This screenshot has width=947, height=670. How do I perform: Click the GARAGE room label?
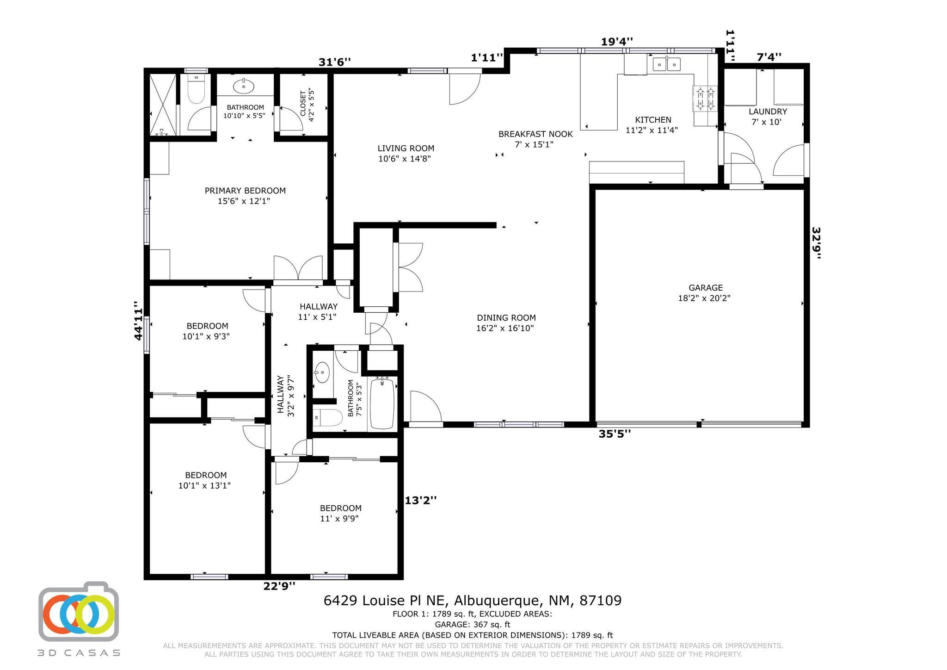point(705,288)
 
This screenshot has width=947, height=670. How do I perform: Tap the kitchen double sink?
point(666,64)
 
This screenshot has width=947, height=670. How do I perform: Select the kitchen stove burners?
point(705,99)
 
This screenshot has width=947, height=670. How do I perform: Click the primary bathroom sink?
point(244,86)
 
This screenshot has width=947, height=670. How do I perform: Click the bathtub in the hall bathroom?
point(382,403)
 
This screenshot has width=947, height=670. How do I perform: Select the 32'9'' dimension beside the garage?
point(816,243)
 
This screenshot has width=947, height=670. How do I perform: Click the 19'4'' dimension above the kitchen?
point(617,42)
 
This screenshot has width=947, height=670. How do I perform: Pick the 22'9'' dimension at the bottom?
point(279,586)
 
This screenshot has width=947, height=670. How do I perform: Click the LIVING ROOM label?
point(406,149)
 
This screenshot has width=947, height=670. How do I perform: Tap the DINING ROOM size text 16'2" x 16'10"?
point(505,329)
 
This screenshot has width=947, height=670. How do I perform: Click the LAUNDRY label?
point(768,112)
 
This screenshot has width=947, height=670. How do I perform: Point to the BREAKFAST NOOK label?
point(535,134)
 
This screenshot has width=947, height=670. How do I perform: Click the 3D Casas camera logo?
point(79,612)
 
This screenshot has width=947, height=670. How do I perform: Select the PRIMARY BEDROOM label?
point(245,191)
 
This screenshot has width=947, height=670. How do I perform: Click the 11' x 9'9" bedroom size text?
point(340,519)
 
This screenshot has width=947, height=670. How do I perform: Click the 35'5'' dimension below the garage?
point(615,434)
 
